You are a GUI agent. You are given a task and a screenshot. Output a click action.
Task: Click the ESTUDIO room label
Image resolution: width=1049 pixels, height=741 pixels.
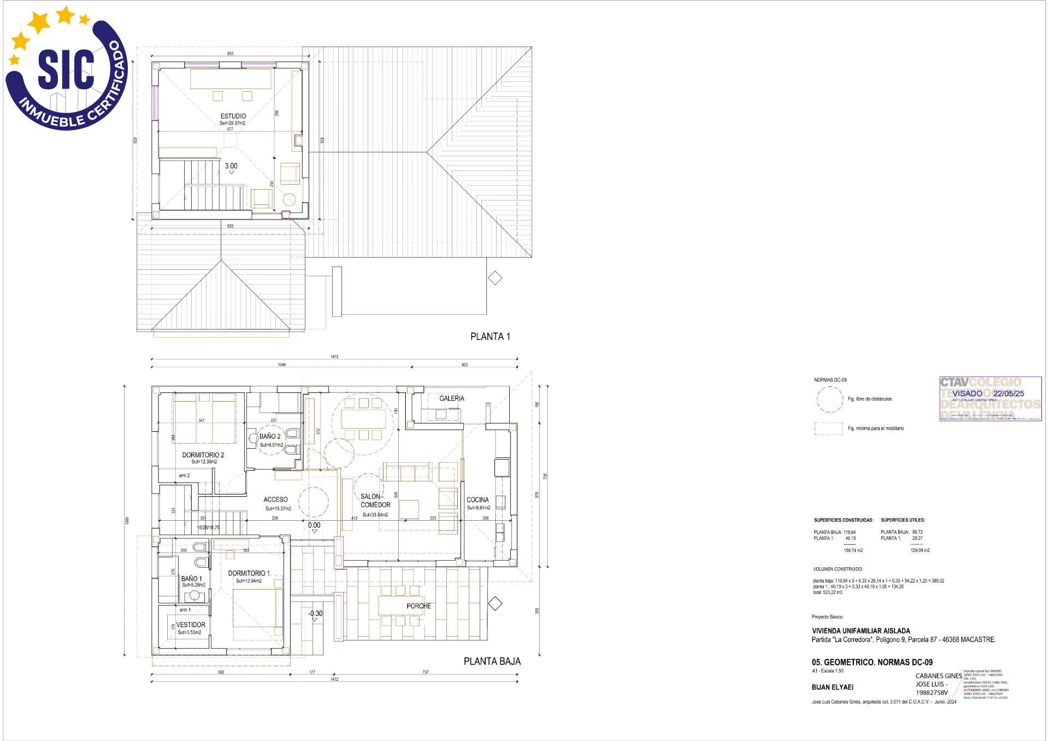(x=233, y=116)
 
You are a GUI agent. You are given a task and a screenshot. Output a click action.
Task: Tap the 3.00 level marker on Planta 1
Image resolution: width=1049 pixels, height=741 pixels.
(x=231, y=166)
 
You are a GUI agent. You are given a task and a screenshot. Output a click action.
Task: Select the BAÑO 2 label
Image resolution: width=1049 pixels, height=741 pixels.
(x=270, y=437)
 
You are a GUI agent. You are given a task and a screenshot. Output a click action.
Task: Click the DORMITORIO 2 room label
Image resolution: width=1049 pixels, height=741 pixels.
(x=203, y=455)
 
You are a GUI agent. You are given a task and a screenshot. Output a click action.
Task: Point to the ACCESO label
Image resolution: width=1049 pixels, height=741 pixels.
(x=275, y=500)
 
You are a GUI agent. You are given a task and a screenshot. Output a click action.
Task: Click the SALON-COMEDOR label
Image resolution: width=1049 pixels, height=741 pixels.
(x=375, y=501)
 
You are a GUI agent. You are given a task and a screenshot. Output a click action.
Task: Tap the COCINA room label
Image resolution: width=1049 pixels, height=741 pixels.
(x=478, y=500)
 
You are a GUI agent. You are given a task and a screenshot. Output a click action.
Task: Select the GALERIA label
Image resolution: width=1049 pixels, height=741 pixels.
(x=452, y=398)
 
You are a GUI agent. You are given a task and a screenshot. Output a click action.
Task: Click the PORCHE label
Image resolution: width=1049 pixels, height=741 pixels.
(x=419, y=606)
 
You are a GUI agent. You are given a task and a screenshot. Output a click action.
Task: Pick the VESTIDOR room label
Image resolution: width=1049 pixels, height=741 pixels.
(x=191, y=625)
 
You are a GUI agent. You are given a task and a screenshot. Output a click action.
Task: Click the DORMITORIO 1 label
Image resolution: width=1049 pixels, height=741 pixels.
(x=249, y=573)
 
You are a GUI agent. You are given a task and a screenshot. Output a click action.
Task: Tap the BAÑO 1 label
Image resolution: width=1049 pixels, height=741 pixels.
(x=192, y=579)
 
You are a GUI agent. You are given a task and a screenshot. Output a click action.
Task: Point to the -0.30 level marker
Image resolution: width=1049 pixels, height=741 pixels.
(x=315, y=614)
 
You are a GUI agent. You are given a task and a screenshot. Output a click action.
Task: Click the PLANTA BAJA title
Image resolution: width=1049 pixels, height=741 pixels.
(x=492, y=661)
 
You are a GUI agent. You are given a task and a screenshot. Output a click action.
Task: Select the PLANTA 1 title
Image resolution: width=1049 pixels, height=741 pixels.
(x=490, y=337)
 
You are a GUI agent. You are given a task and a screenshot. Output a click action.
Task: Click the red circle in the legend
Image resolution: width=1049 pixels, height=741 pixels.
(x=829, y=399)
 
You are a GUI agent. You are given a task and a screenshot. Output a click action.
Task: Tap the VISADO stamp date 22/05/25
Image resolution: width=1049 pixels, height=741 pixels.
(x=1009, y=393)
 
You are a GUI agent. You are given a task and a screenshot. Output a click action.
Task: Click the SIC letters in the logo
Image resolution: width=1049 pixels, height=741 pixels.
(x=66, y=69)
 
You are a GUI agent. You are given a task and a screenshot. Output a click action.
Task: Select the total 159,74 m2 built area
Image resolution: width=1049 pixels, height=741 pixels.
(x=853, y=551)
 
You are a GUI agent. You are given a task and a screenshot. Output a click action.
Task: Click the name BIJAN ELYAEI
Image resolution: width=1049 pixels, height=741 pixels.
(x=832, y=687)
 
